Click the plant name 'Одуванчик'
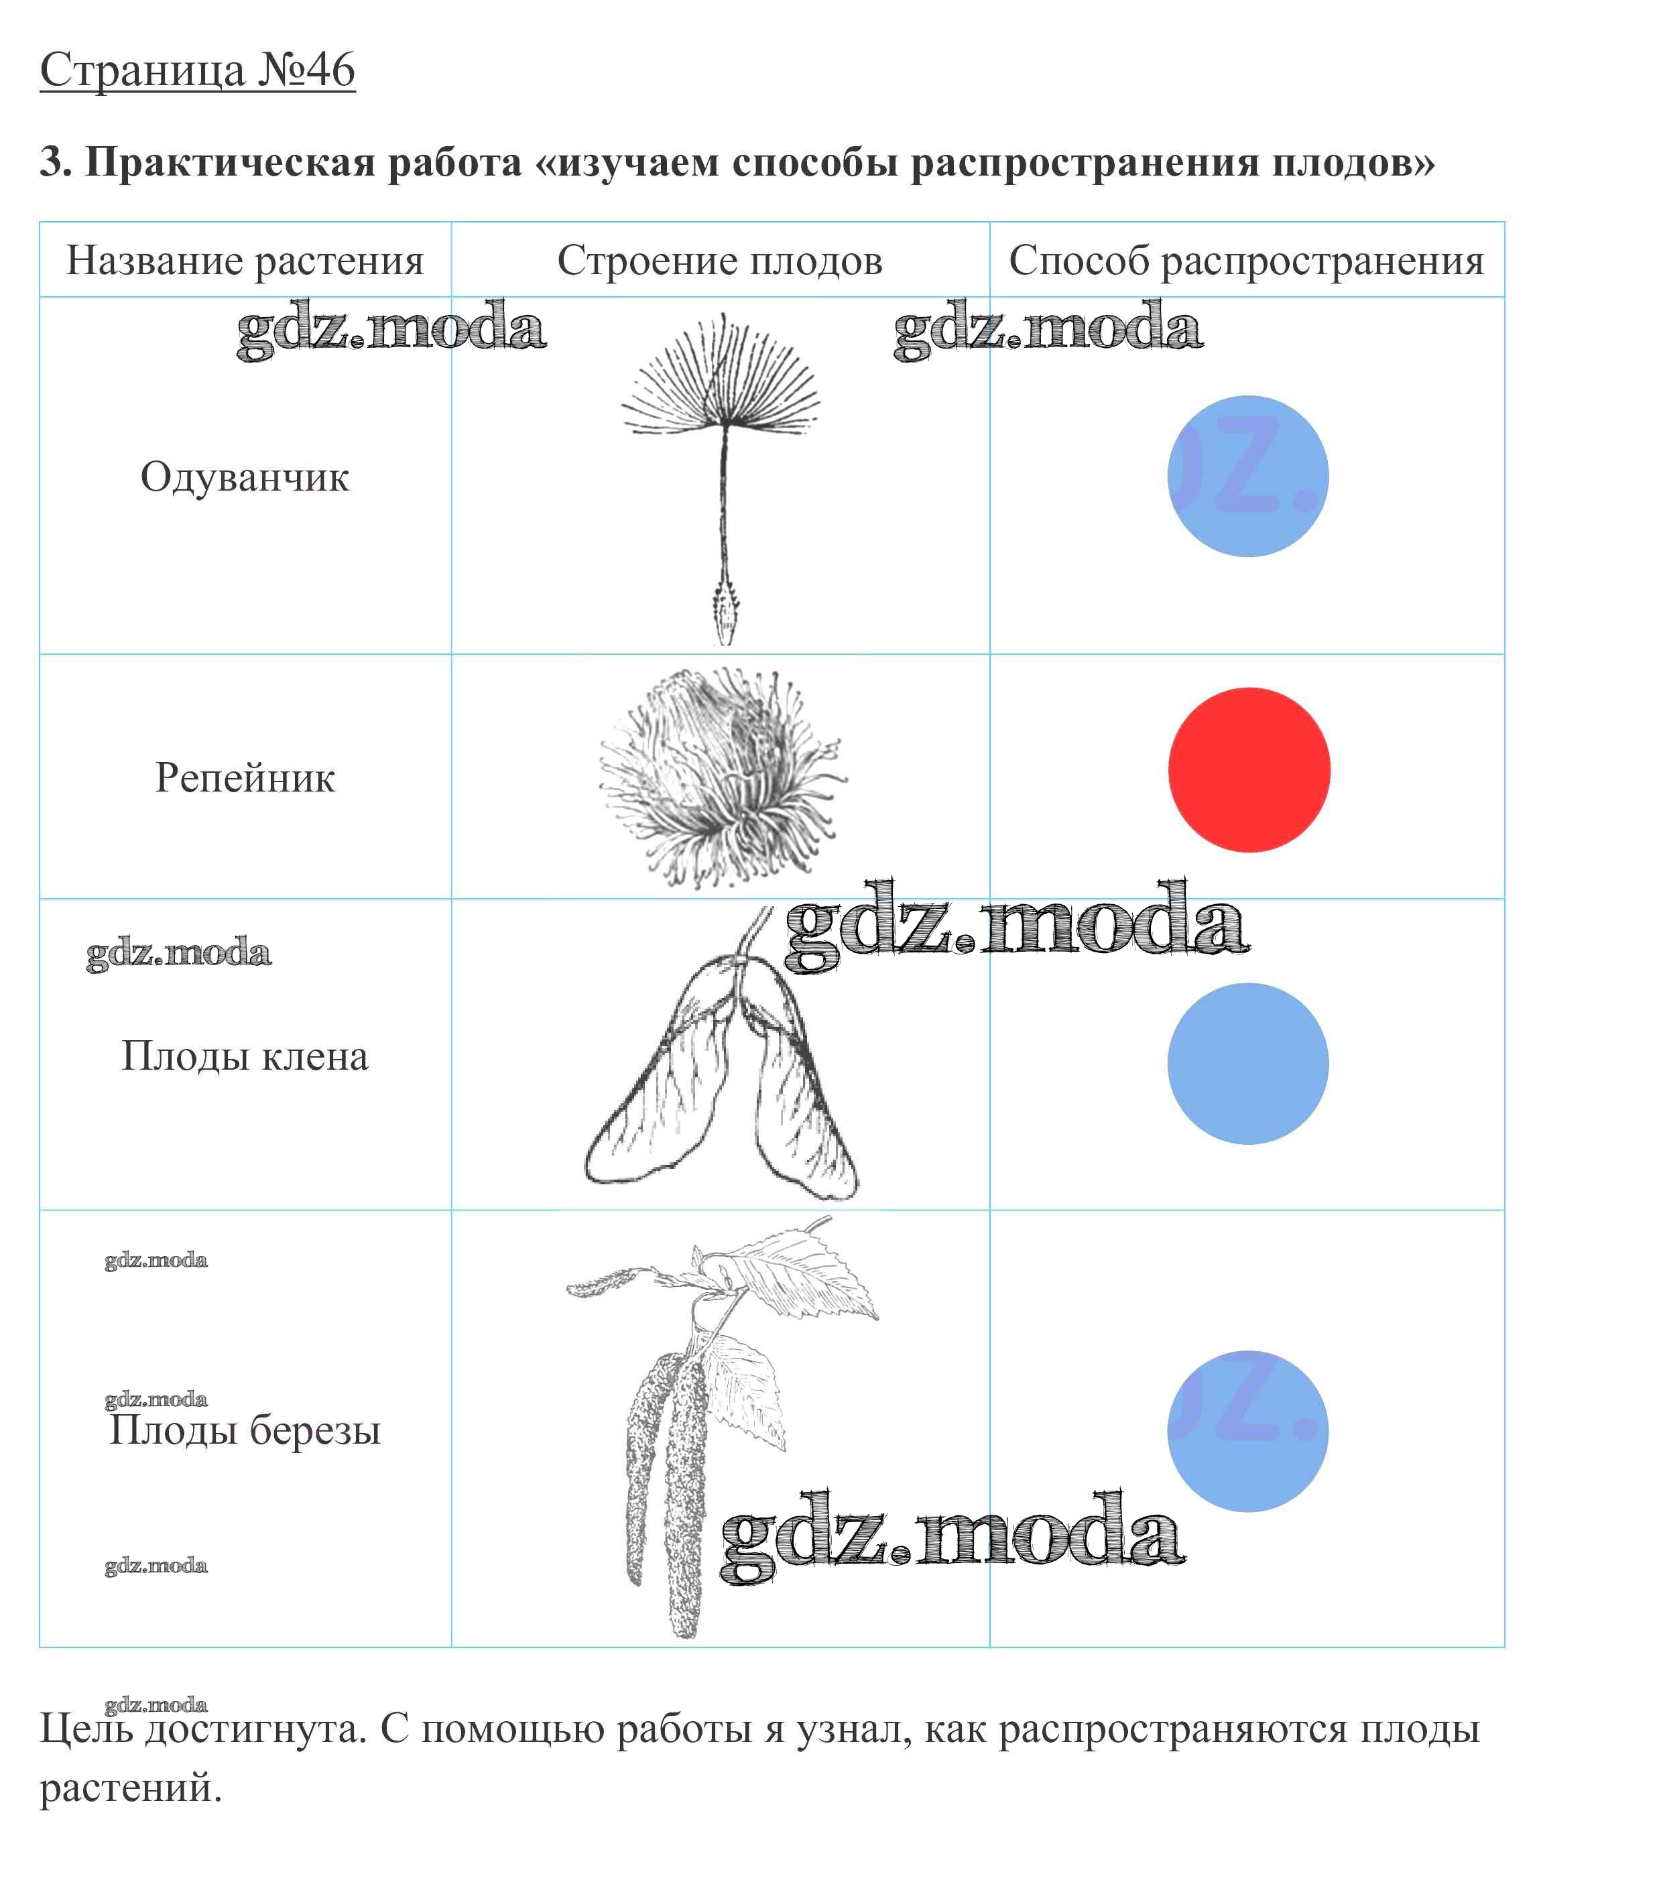pyautogui.click(x=245, y=477)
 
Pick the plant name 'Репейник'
pyautogui.click(x=245, y=777)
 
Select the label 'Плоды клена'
pyautogui.click(x=245, y=1056)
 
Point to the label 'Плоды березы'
pyautogui.click(x=245, y=1430)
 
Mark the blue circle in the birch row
pyautogui.click(x=1248, y=1430)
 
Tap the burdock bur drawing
pyautogui.click(x=722, y=777)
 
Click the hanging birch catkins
pyautogui.click(x=667, y=1481)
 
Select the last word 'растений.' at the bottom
pyautogui.click(x=131, y=1787)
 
